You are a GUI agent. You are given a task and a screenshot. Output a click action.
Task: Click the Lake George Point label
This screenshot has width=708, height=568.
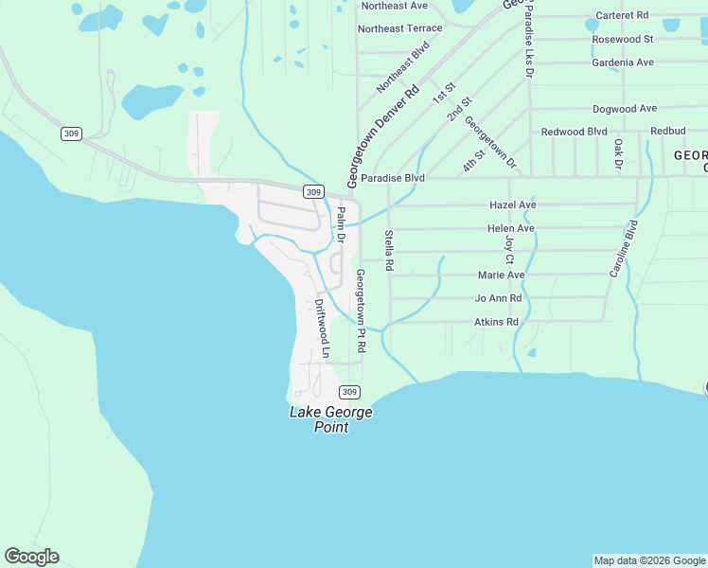pyautogui.click(x=330, y=419)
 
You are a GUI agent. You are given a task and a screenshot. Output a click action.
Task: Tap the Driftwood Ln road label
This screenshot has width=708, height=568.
pyautogui.click(x=322, y=329)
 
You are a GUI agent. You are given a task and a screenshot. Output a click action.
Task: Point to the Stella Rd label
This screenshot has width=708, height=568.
pyautogui.click(x=388, y=251)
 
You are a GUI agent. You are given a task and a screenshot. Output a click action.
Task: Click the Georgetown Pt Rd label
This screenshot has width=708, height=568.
pyautogui.click(x=360, y=311)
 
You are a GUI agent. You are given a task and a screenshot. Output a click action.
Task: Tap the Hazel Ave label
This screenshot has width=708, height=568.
pyautogui.click(x=512, y=204)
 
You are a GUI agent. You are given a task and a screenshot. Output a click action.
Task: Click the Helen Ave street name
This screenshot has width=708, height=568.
pyautogui.click(x=511, y=228)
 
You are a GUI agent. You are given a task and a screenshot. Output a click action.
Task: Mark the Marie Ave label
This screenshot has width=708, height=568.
pyautogui.click(x=501, y=275)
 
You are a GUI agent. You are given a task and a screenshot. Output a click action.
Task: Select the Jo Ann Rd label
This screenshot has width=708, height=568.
pyautogui.click(x=498, y=298)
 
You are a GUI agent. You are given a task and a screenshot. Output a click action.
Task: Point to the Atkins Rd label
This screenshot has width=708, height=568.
pyautogui.click(x=497, y=322)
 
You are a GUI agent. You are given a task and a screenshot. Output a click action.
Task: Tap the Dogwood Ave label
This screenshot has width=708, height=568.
pyautogui.click(x=624, y=109)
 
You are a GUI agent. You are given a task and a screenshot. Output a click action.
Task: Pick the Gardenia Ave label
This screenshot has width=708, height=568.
pyautogui.click(x=622, y=62)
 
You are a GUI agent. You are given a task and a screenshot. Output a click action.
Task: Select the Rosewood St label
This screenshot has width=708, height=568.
pyautogui.click(x=622, y=39)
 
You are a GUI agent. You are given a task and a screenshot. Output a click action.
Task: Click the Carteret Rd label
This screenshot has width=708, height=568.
pyautogui.click(x=622, y=15)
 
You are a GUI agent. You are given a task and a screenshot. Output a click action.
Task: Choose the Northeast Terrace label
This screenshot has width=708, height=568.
pyautogui.click(x=399, y=28)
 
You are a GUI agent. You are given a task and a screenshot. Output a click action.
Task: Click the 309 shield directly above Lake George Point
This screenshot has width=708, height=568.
pyautogui.click(x=349, y=392)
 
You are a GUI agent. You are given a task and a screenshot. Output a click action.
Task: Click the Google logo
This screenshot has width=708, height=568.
pyautogui.click(x=31, y=557)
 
